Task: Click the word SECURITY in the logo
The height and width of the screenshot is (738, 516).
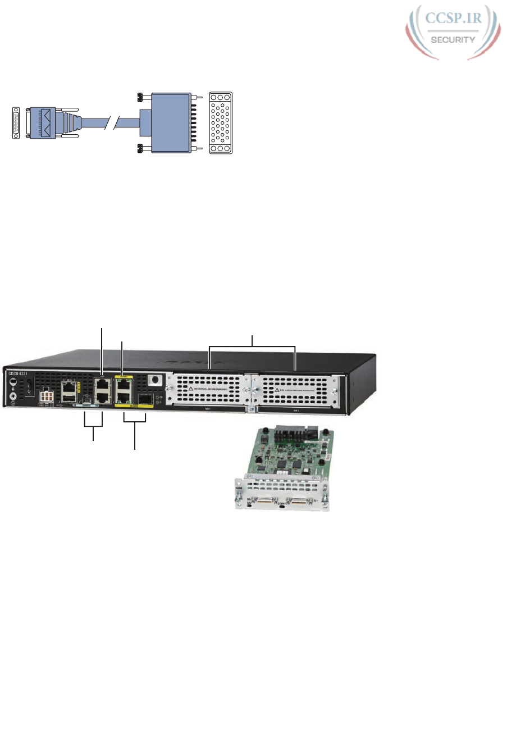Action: click(x=453, y=40)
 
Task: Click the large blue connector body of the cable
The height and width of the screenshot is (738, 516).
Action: click(x=166, y=121)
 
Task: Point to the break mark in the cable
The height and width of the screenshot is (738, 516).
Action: click(x=116, y=121)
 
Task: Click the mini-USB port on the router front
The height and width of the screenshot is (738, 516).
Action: click(x=85, y=400)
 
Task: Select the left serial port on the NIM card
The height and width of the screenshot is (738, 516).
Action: click(x=264, y=500)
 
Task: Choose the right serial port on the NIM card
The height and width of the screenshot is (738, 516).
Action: click(x=302, y=500)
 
